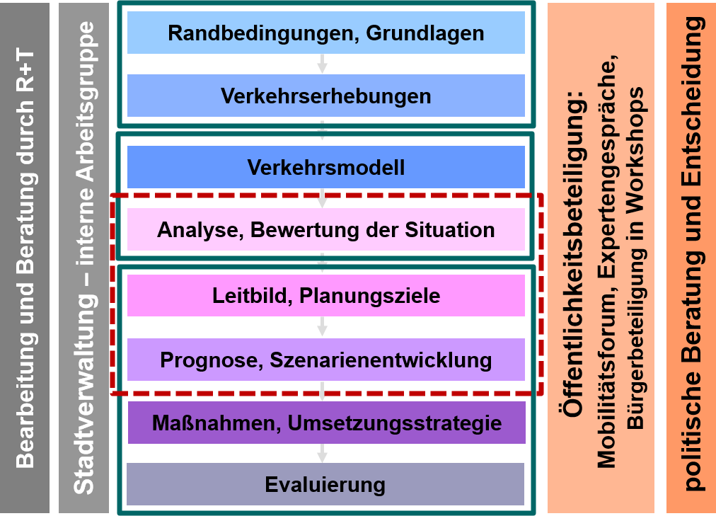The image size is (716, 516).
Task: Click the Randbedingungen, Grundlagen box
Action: coord(325,33)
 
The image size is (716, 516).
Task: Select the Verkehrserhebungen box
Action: coord(325,96)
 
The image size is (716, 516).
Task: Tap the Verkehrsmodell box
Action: coord(325,167)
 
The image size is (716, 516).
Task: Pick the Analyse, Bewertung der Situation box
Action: coord(325,229)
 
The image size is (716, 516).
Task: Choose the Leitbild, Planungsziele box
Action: coord(325,295)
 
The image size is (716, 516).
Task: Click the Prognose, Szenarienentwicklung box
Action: coord(325,360)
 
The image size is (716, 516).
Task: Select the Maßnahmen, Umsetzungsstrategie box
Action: coord(326,423)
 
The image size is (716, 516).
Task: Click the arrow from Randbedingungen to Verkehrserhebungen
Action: coord(323,64)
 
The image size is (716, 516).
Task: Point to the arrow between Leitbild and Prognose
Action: coord(323,327)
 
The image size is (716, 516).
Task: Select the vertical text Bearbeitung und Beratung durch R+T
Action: coord(25,258)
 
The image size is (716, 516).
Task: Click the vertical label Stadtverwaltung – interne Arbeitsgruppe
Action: coord(84,258)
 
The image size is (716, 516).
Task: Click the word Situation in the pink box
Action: coord(451,229)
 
